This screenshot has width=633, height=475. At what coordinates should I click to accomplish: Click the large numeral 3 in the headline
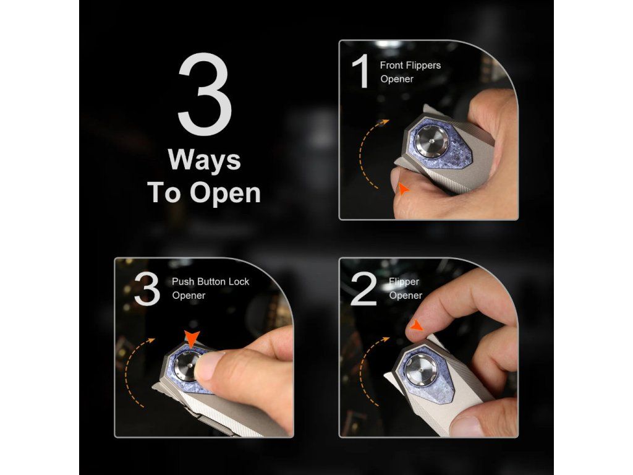[205, 94]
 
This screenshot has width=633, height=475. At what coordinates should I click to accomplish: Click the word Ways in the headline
[204, 160]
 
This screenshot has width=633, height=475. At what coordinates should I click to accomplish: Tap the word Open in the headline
[225, 193]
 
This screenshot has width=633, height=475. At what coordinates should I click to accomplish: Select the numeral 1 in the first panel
[362, 71]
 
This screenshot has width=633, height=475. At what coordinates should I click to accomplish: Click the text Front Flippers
[410, 65]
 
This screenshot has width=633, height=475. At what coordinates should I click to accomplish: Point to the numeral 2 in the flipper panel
[363, 289]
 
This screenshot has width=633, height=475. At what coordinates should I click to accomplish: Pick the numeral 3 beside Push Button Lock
[147, 289]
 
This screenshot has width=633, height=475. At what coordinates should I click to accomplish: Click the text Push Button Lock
[210, 281]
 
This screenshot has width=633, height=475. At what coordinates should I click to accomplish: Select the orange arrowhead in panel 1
[403, 189]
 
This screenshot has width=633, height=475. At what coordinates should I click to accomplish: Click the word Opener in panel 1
[397, 79]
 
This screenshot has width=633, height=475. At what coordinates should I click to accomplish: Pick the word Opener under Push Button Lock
[189, 296]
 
